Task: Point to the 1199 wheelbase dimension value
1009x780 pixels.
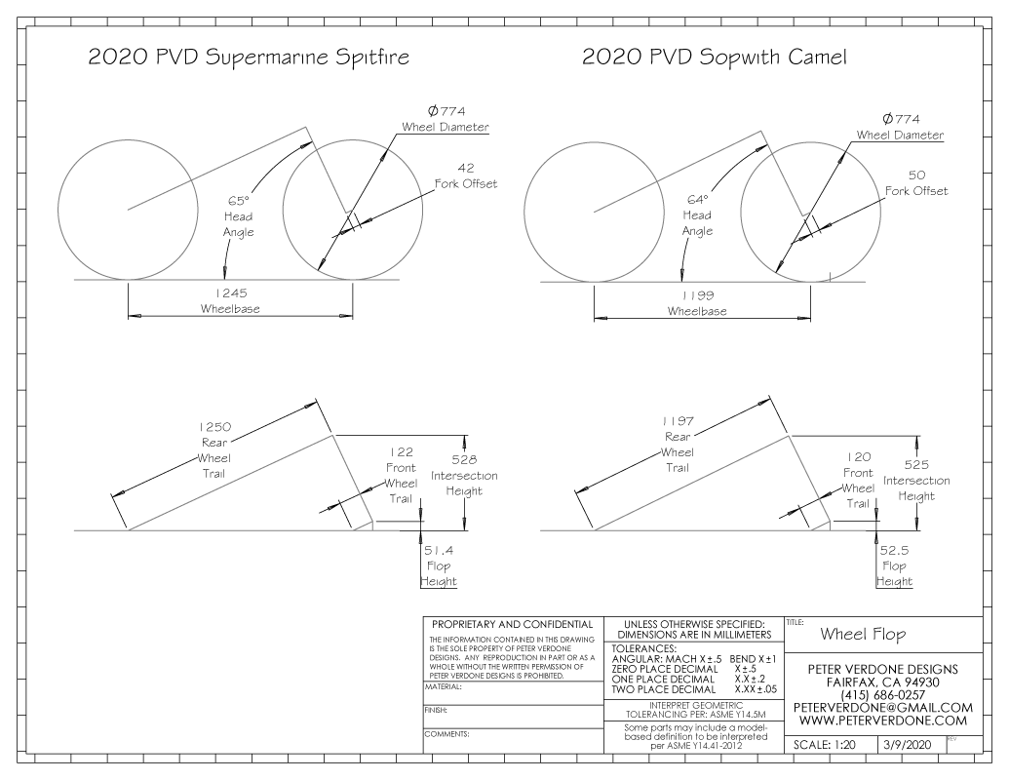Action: point(697,294)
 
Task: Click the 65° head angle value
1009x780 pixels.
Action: point(238,200)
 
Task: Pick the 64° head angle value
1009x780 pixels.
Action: point(697,199)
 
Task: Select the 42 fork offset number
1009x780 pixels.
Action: point(464,167)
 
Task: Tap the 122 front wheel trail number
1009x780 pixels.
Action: point(401,451)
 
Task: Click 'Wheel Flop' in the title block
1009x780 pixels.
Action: point(863,634)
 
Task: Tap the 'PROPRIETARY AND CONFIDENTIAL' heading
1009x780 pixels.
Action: point(512,624)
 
